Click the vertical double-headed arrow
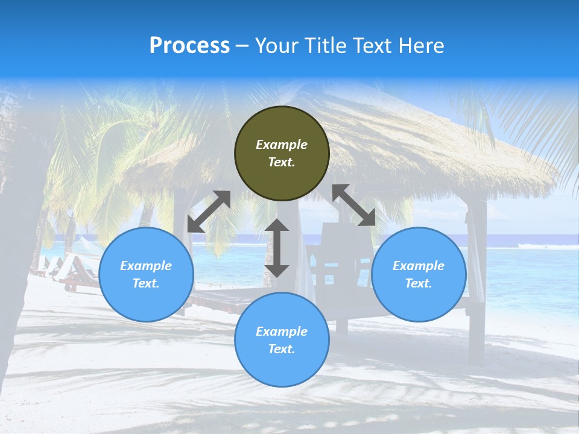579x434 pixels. [x=277, y=248]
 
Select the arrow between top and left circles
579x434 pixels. [x=209, y=212]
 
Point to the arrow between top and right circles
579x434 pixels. [x=354, y=205]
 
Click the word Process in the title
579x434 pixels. [x=189, y=45]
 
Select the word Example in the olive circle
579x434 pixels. [x=282, y=145]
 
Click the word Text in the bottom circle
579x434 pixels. [x=282, y=349]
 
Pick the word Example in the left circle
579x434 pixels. [x=146, y=266]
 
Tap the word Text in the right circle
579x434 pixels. [x=419, y=283]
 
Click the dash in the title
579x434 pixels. [x=242, y=46]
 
